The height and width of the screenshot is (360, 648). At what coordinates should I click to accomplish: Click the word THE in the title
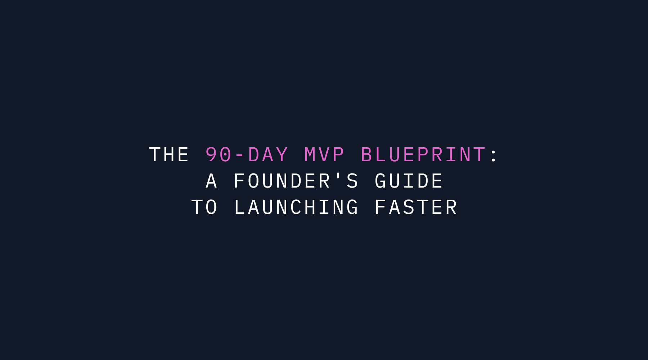pos(169,155)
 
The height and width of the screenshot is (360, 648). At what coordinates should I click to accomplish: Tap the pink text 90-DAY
pos(247,155)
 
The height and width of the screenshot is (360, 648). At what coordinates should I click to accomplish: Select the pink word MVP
pos(324,155)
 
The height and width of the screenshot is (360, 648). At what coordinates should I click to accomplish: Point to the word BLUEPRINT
pos(423,155)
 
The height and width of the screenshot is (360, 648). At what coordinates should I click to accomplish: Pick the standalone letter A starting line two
pos(211,181)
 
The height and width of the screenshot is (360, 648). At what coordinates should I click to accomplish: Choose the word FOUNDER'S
pos(296,181)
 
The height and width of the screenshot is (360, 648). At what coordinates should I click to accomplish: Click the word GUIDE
pos(409,181)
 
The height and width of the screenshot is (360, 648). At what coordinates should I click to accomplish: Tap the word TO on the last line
pos(204,207)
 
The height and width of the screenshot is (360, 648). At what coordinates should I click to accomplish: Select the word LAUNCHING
pos(296,207)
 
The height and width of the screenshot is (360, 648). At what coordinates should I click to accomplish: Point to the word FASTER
pos(416,207)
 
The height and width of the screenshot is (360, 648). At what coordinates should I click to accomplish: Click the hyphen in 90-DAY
pos(239,156)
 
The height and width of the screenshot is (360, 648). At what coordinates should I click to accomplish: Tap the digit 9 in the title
pos(211,155)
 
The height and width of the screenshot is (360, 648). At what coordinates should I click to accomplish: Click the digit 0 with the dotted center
pos(225,155)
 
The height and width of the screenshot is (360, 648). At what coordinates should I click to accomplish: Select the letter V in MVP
pos(324,155)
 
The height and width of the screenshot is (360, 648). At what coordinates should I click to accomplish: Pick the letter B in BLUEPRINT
pos(366,155)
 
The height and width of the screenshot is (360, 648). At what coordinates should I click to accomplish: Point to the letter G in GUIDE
pos(381,181)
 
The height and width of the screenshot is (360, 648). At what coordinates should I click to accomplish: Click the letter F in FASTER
pos(381,207)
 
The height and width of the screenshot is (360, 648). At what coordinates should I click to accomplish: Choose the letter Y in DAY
pos(282,155)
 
